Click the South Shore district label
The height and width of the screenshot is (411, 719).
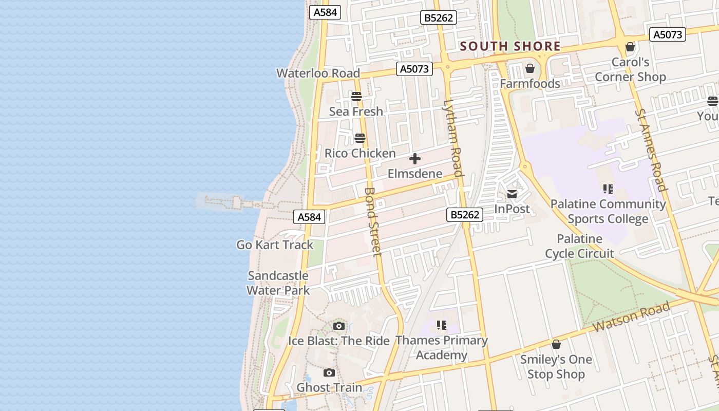pos(510,46)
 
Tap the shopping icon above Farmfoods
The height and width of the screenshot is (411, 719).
pos(530,68)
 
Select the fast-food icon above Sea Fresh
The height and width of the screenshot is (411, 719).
pos(356,96)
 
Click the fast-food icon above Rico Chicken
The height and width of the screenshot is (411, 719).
pos(359,138)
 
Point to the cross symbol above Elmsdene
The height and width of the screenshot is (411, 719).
pos(414,159)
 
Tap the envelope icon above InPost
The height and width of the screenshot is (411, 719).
pos(512,194)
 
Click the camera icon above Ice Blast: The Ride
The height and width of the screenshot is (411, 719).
pos(338,326)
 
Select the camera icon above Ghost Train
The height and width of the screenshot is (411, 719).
pos(329,372)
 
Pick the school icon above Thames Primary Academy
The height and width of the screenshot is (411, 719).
pos(441,325)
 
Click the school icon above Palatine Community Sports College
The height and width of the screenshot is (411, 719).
pos(608,189)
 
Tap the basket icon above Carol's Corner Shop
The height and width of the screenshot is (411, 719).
pos(630,47)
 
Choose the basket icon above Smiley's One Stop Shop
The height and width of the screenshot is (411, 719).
pos(556,344)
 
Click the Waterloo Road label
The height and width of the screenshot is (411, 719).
pos(318,73)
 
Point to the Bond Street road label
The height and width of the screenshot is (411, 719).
pos(373,221)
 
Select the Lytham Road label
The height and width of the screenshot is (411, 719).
pos(454,137)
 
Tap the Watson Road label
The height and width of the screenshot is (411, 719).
pos(631,317)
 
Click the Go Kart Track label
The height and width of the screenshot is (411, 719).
pos(275,245)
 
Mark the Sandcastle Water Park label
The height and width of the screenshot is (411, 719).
pos(278,283)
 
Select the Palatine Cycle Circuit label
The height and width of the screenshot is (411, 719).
pos(580,246)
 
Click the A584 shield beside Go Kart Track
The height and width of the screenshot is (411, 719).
pos(310,217)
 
